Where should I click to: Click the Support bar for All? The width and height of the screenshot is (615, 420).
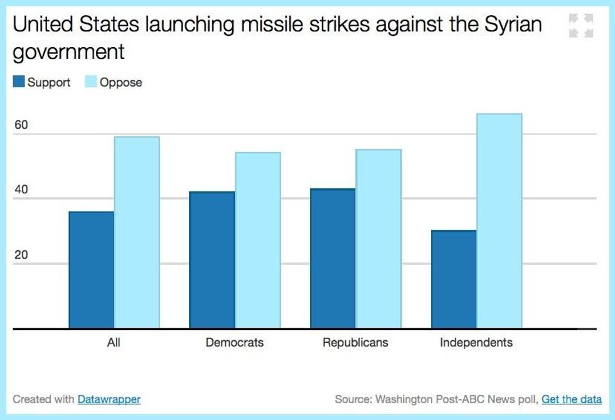[92, 270]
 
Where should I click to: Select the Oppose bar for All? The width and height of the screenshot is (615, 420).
[137, 232]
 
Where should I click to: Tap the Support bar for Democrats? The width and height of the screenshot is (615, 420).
[212, 260]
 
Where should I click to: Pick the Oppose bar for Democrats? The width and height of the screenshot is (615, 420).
[257, 240]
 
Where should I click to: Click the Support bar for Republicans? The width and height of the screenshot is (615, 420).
[333, 259]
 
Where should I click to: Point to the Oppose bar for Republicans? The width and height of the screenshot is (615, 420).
[378, 239]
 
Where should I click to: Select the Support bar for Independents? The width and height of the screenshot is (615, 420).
[454, 279]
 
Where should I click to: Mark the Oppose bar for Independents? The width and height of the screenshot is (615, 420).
[500, 221]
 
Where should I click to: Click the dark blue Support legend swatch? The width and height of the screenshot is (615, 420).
[19, 82]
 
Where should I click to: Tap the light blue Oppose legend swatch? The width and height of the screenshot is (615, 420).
[91, 82]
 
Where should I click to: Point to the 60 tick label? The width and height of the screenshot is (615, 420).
[21, 125]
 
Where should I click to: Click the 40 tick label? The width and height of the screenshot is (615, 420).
[21, 190]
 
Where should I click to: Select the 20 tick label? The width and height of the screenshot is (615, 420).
[21, 256]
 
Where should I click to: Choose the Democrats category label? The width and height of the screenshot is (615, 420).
[235, 343]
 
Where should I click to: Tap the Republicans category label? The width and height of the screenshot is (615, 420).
[355, 343]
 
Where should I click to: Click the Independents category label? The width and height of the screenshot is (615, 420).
[476, 343]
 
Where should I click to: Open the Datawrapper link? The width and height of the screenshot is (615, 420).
[109, 399]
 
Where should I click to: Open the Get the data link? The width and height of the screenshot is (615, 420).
[572, 399]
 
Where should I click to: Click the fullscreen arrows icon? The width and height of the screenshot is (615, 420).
[581, 26]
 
